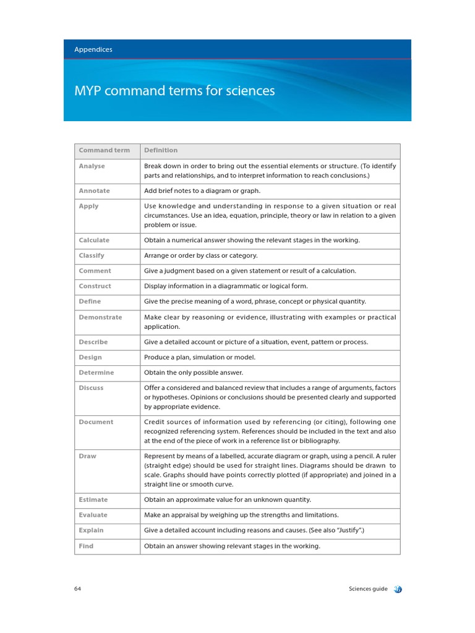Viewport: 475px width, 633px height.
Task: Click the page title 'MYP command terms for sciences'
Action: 174,91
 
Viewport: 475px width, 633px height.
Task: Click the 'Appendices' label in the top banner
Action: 93,49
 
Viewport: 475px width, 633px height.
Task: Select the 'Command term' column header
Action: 104,150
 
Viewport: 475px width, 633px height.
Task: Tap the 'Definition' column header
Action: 161,150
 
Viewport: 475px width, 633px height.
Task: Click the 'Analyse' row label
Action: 92,166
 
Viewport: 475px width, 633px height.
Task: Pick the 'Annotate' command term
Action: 94,191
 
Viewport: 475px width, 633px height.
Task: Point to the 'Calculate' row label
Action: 94,240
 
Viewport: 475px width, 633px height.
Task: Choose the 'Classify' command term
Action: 92,256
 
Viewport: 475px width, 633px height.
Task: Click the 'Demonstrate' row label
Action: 100,317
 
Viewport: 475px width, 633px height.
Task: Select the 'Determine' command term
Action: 96,373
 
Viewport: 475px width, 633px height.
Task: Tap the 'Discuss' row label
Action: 91,388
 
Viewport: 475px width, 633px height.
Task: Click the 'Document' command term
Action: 96,422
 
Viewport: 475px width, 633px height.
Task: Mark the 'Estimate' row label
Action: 93,499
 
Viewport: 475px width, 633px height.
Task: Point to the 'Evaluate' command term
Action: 93,515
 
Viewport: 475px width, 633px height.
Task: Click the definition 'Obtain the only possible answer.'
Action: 194,373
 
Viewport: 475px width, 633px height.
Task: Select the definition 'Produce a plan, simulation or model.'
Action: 200,357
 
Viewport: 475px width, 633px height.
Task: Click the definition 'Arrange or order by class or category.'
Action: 201,256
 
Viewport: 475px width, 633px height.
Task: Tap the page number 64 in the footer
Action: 77,589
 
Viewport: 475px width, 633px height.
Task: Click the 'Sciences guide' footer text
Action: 368,589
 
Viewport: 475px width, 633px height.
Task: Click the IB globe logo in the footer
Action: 397,589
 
